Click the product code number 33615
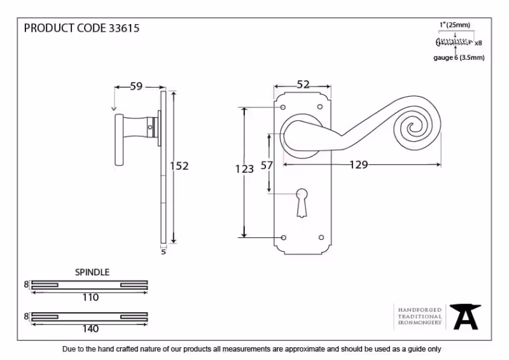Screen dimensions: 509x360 click(x=123, y=28)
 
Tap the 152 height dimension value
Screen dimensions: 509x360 click(x=179, y=166)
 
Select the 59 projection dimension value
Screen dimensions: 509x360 click(x=136, y=86)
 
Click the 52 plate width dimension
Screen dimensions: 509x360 click(x=303, y=85)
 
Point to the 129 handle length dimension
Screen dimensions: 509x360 click(x=359, y=165)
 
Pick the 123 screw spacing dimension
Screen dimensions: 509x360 click(x=244, y=169)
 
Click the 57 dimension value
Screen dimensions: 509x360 click(x=267, y=165)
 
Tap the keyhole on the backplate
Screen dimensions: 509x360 click(x=302, y=202)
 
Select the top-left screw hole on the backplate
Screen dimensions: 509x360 click(x=283, y=107)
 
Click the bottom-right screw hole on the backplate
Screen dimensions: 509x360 click(x=321, y=238)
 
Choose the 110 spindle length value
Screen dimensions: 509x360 click(x=90, y=297)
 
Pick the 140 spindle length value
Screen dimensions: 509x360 click(x=90, y=329)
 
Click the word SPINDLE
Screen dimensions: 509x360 click(x=92, y=272)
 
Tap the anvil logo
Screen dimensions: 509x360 click(x=465, y=317)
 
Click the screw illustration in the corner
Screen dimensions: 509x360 click(x=454, y=42)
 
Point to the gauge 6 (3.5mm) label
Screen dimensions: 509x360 click(x=459, y=58)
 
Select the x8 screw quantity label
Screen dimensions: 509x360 click(x=478, y=43)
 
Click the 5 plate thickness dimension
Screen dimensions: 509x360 click(x=164, y=252)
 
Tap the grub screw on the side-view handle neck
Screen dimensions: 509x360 click(x=150, y=127)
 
